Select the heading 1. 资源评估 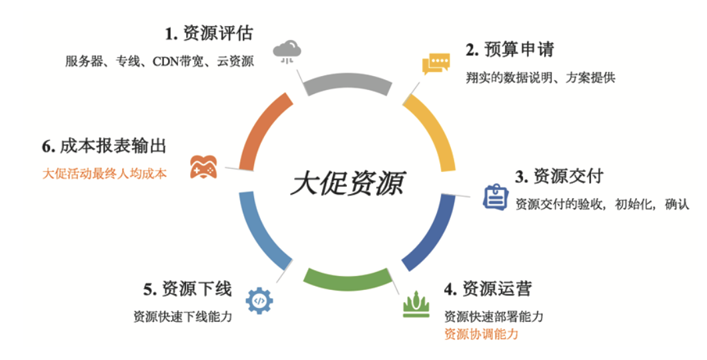point(209,33)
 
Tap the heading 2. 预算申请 point(510,50)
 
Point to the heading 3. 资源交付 point(559,176)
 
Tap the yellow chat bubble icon point(436,64)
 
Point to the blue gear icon point(259,301)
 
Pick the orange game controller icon point(203,167)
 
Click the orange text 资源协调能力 point(481,334)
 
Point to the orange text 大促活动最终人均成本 point(105,174)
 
